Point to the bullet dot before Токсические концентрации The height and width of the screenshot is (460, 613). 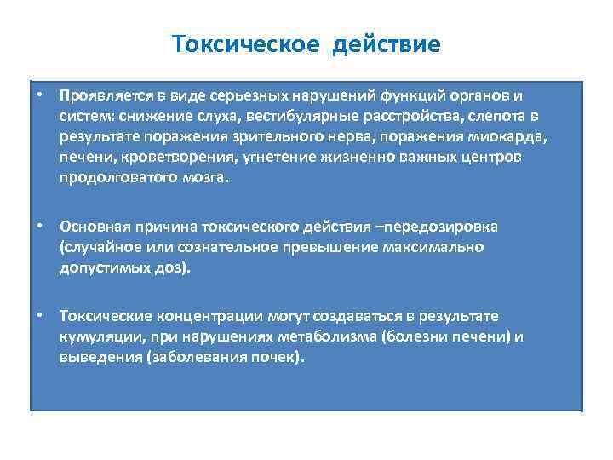pyautogui.click(x=41, y=315)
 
